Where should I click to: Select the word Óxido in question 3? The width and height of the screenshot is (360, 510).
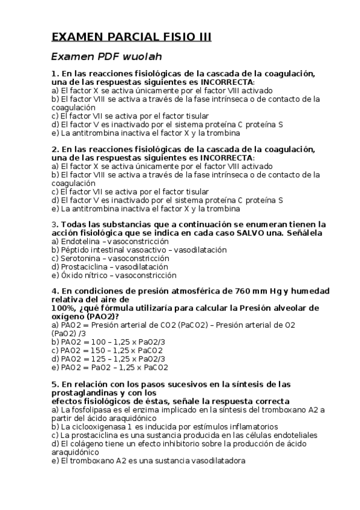click(x=71, y=275)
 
